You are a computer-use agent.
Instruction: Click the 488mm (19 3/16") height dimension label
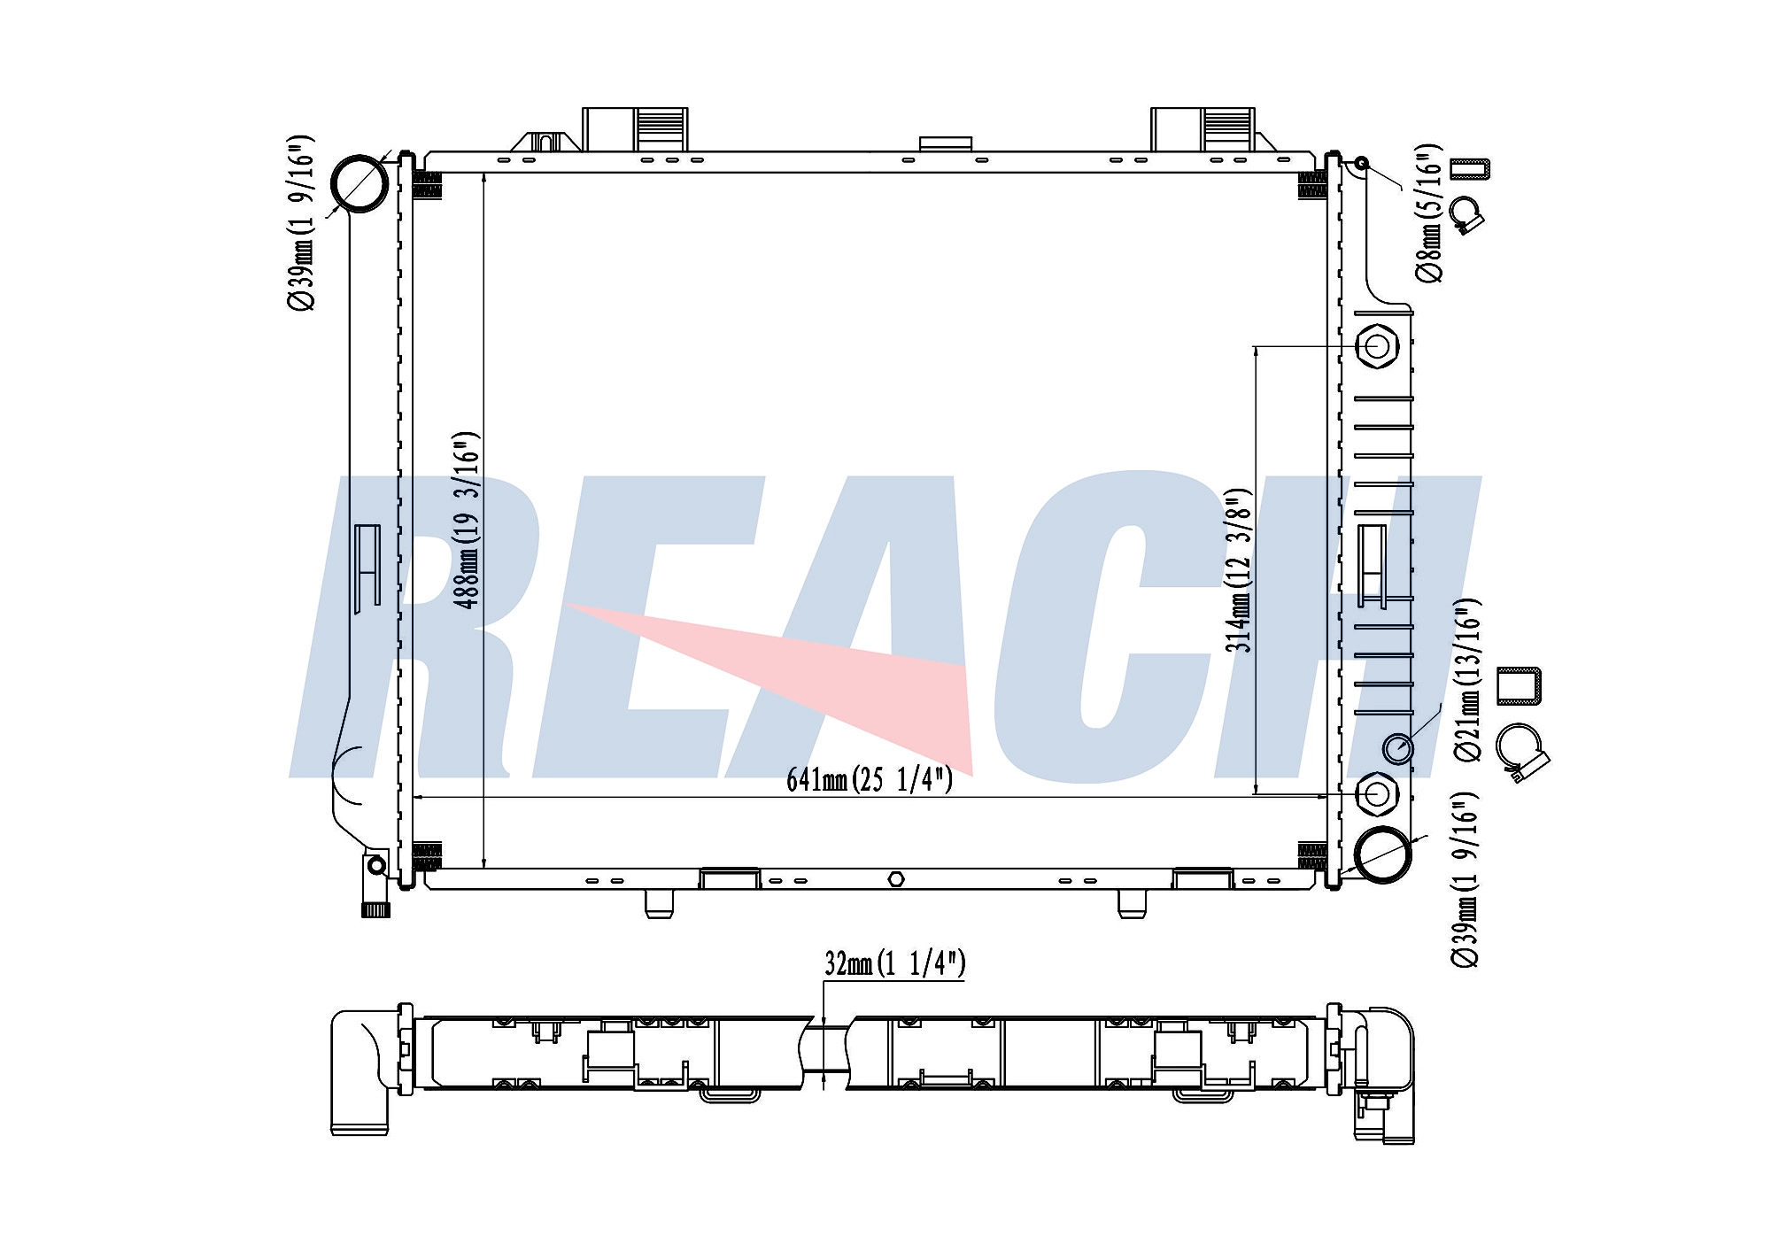[467, 520]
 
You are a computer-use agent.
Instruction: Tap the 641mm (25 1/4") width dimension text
[870, 779]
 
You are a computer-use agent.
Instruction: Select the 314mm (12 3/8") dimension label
[1239, 570]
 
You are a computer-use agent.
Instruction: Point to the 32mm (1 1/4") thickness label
[894, 963]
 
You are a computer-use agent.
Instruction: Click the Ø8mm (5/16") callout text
[1428, 213]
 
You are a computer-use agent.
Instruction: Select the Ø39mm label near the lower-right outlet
[1466, 879]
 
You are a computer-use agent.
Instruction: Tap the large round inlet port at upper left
[359, 183]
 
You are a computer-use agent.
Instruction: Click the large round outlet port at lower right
[1383, 854]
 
